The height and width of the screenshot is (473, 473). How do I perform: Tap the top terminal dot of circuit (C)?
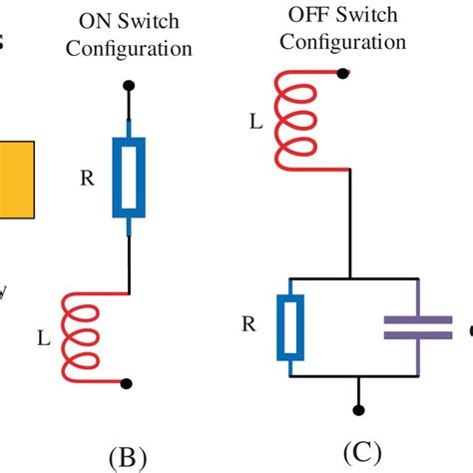343,73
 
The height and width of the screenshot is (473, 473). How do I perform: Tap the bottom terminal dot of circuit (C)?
354,406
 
